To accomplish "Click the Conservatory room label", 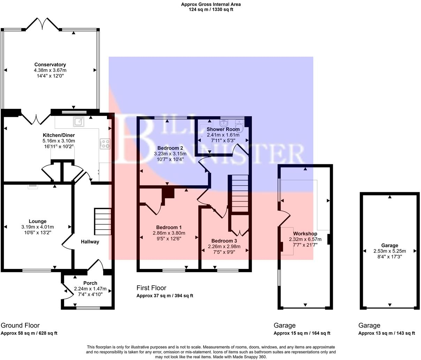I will tap(50, 65).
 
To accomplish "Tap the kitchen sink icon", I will tap(78, 121).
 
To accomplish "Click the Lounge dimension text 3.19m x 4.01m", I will tap(38, 227).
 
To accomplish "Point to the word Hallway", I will tap(90, 242).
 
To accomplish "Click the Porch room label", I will tap(90, 283).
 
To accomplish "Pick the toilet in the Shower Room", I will tap(239, 124).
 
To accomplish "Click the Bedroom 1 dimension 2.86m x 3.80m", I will tap(169, 233).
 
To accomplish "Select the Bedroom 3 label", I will tap(224, 241).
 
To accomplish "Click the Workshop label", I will tap(305, 233).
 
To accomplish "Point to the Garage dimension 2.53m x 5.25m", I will tap(390, 251).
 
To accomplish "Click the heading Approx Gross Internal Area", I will tap(210, 5).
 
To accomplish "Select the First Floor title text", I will tap(151, 288).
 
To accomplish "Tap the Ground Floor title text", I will tap(20, 325).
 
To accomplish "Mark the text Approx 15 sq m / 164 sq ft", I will tap(302, 333).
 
